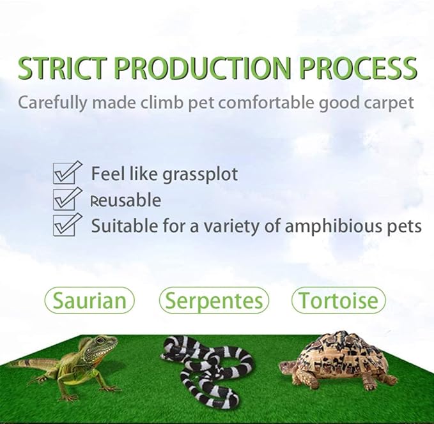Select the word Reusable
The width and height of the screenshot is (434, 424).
click(x=126, y=200)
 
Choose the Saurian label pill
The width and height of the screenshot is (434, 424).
click(x=89, y=300)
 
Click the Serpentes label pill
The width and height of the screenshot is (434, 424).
click(x=214, y=300)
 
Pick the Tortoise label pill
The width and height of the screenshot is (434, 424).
click(x=339, y=300)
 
